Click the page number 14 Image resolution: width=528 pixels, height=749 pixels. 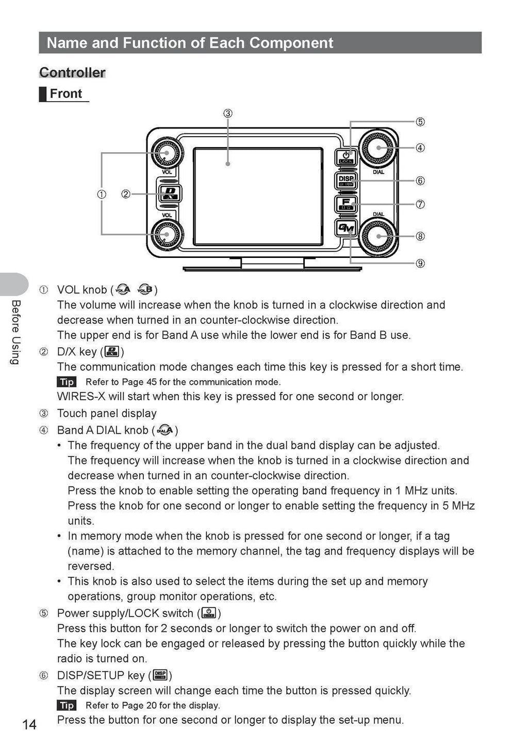[29, 725]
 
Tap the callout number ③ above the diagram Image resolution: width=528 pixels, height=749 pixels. [227, 113]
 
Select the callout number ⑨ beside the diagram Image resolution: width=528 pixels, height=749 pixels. [420, 264]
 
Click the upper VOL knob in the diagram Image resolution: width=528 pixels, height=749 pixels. [167, 153]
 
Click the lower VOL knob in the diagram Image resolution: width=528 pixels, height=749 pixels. [167, 235]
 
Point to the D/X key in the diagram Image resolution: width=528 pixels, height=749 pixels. [169, 194]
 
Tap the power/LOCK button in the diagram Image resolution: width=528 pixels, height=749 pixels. [346, 156]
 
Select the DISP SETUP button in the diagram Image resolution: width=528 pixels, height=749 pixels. [346, 181]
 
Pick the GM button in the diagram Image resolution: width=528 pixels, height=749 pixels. [346, 227]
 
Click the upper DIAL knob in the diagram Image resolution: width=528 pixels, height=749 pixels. [379, 148]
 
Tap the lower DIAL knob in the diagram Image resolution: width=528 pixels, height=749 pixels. [379, 237]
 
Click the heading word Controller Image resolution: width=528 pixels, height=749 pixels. [72, 73]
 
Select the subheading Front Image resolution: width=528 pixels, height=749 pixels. [65, 94]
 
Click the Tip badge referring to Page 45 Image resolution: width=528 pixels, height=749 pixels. [67, 382]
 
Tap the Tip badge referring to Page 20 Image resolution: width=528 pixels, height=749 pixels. [67, 706]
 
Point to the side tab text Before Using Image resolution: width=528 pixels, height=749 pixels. [15, 332]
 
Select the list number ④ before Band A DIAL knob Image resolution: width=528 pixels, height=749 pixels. [44, 430]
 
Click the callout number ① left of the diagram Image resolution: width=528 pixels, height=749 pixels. [102, 194]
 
